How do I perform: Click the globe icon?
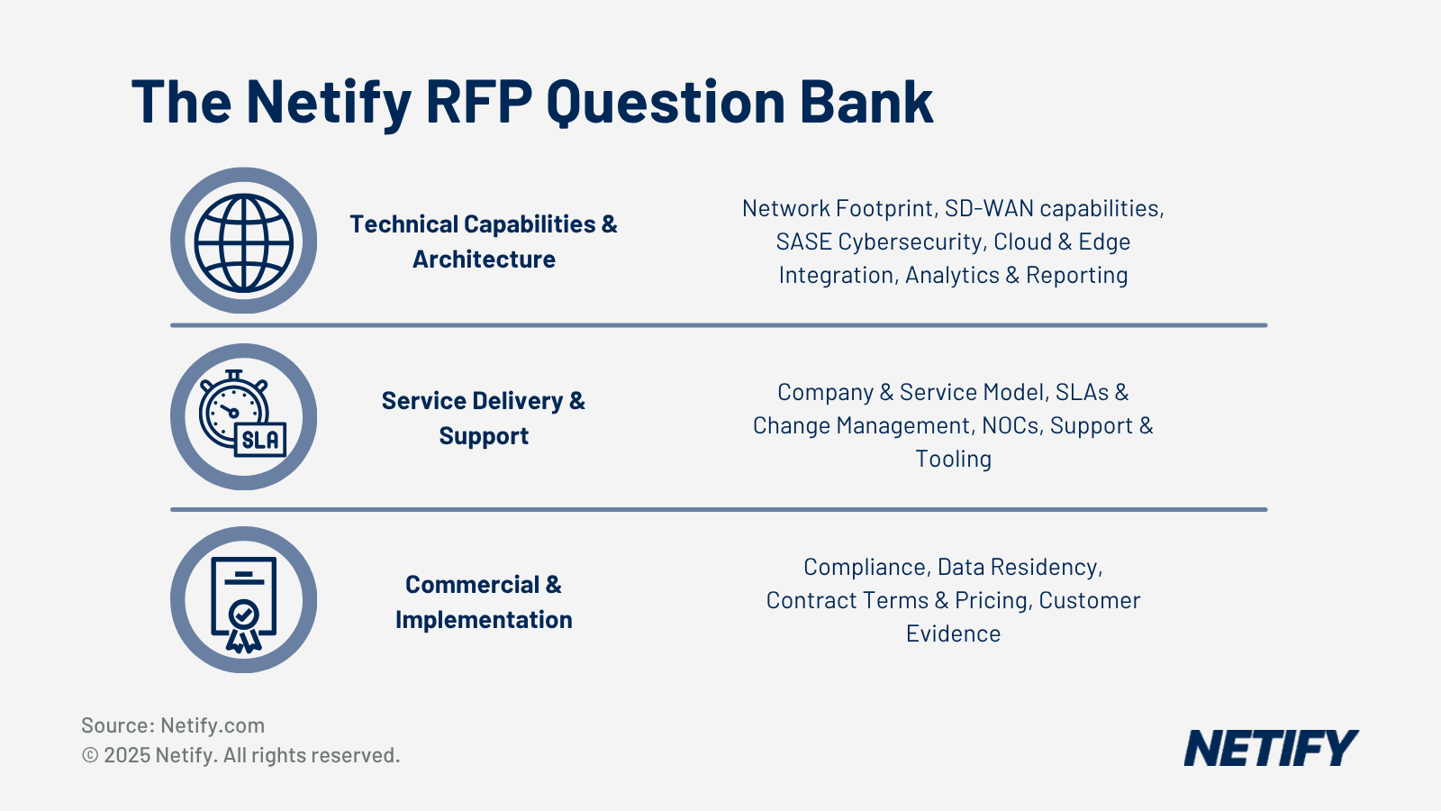[x=243, y=241]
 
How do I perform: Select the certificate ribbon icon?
[x=243, y=601]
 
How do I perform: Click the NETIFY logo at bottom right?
[x=1270, y=749]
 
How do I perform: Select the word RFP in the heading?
[x=479, y=102]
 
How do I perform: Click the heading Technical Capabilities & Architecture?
[x=484, y=241]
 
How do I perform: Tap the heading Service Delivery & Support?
[x=484, y=418]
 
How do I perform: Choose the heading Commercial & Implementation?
[x=484, y=602]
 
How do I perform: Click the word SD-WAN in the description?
[x=988, y=208]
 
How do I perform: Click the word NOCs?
[x=1011, y=425]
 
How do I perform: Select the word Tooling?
[x=953, y=459]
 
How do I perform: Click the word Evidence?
[x=953, y=633]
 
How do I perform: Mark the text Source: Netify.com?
[x=173, y=725]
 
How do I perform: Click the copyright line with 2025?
[x=240, y=755]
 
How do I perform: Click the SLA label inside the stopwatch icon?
[x=260, y=440]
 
